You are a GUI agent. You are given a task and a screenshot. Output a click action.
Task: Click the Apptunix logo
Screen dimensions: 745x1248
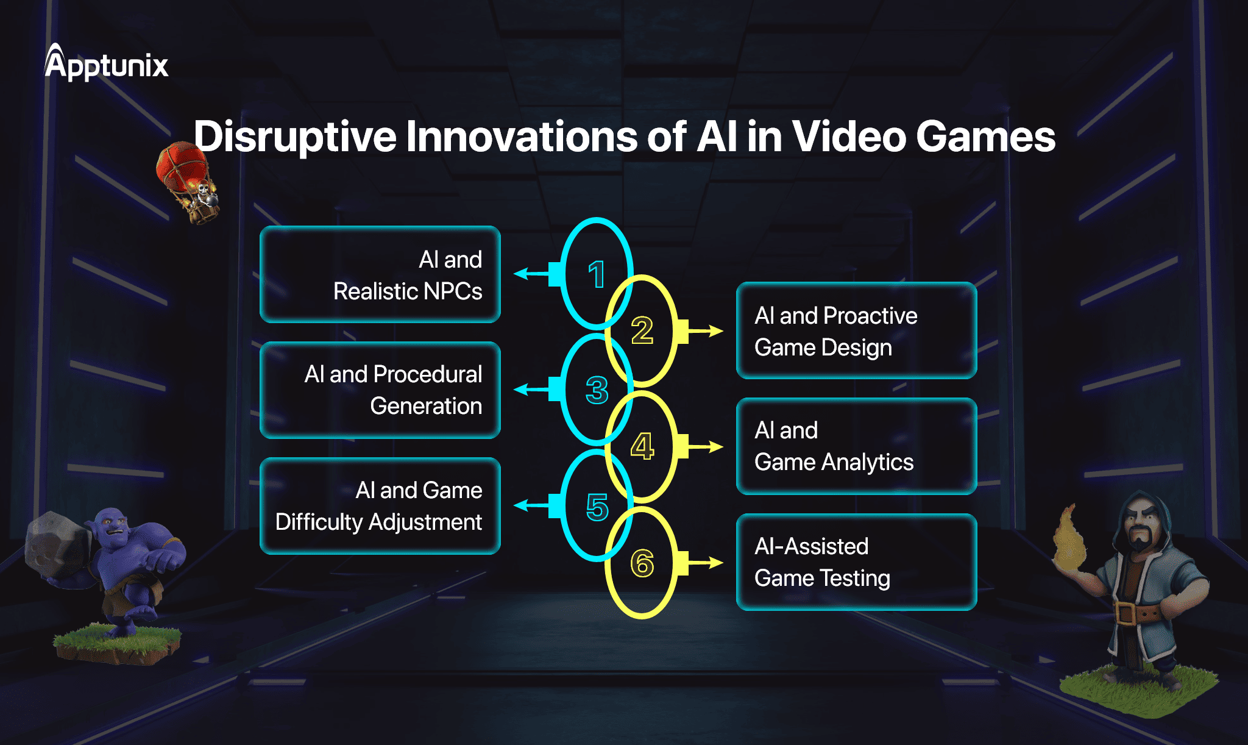click(106, 64)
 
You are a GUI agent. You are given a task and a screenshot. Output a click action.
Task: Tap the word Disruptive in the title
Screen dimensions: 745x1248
click(295, 137)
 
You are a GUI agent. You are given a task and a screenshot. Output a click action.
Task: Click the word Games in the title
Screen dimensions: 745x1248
click(985, 137)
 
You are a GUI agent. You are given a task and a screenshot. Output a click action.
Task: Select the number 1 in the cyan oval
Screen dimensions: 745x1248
click(597, 274)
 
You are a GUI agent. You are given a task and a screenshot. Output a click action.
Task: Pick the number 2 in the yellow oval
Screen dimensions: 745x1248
click(642, 330)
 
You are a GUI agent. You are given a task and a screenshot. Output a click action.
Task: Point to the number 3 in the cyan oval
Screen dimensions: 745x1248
click(597, 390)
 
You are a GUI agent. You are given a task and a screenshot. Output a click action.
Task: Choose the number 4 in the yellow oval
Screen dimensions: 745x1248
click(642, 446)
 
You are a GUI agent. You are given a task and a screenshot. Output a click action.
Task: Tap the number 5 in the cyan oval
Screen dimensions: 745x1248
click(597, 507)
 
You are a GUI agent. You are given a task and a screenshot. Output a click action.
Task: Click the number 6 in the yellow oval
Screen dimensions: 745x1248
click(642, 563)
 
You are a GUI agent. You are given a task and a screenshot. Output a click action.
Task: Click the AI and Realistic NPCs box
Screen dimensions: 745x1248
click(380, 274)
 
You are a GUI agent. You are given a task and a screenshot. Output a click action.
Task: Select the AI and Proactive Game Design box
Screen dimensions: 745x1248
click(856, 330)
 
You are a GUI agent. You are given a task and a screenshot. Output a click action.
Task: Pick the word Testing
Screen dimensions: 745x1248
click(856, 578)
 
